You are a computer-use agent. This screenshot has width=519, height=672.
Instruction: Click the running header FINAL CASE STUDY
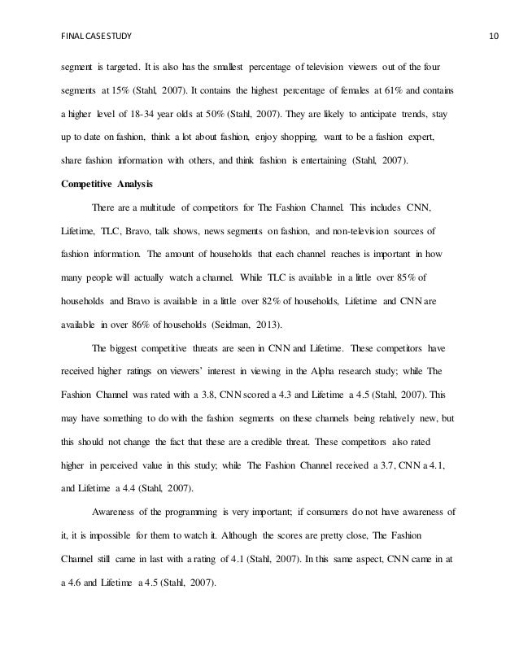(93, 15)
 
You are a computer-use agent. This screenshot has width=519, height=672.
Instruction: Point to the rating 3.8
(224, 395)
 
